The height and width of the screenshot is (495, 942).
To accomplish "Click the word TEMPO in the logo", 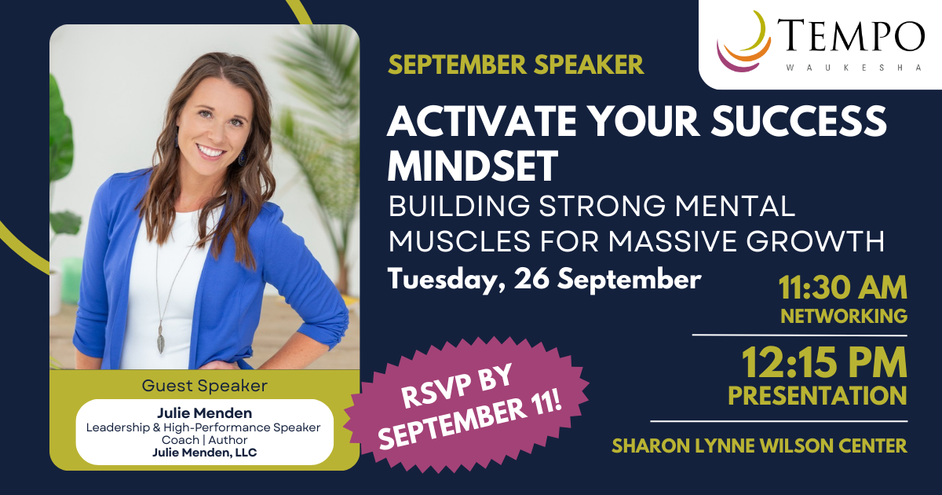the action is [x=851, y=36].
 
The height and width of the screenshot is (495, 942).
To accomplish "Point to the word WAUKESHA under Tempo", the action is [x=853, y=68].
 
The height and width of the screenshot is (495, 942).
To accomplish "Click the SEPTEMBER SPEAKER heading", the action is [x=516, y=64].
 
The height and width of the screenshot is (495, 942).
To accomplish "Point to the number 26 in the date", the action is [x=531, y=278].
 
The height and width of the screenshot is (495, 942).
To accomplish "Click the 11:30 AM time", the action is [x=843, y=288].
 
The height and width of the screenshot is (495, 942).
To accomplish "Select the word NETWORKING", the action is [x=844, y=316].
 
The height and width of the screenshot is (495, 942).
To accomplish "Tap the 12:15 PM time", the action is [x=823, y=362].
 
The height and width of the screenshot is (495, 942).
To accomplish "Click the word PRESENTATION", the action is [x=817, y=396].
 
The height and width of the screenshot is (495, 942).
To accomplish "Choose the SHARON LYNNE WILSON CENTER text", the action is [x=759, y=445].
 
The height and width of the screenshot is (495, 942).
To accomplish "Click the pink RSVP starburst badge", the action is [x=466, y=404].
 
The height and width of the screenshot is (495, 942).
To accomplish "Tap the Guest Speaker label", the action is [x=204, y=386].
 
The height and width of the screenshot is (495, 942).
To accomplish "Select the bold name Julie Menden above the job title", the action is [x=204, y=413].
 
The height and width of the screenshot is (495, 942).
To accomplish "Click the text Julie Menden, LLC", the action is [x=204, y=453].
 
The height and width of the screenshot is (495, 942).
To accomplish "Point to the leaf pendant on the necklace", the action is [x=160, y=339].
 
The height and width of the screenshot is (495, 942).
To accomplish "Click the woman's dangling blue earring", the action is [x=242, y=156].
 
